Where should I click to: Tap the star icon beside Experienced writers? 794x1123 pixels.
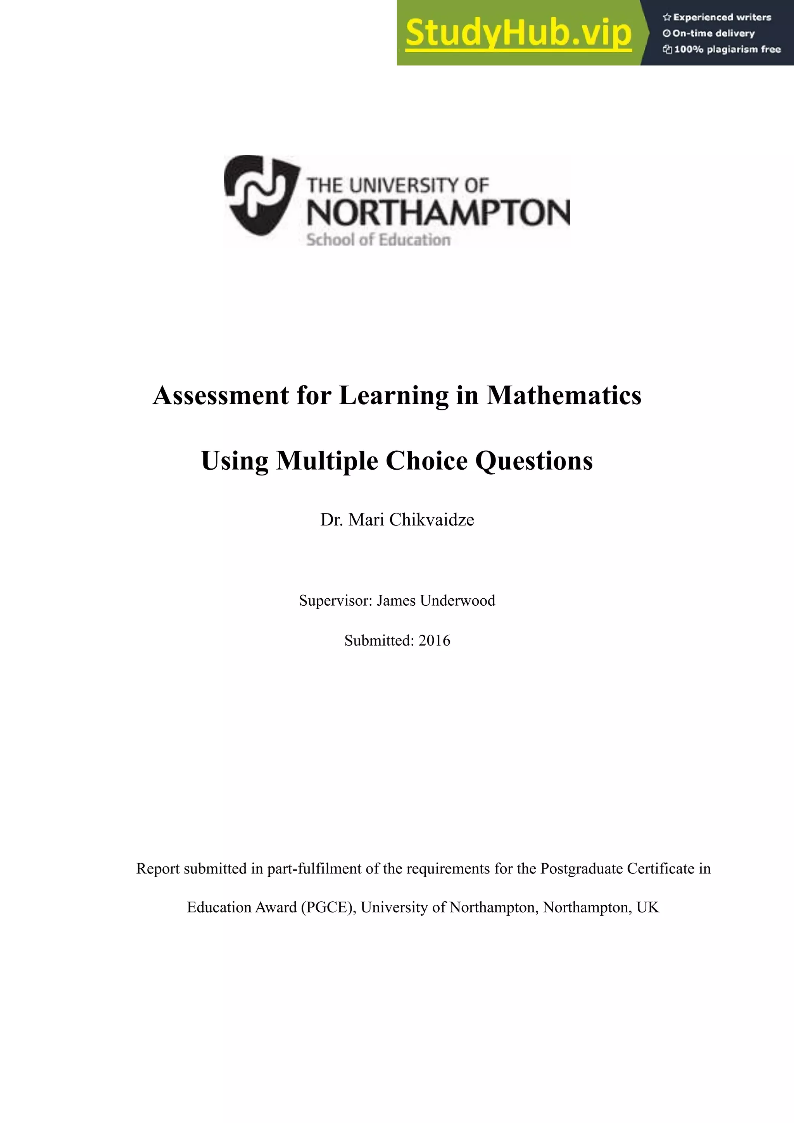click(666, 17)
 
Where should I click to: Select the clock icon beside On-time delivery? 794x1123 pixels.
click(666, 34)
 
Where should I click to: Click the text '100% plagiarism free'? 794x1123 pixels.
click(727, 49)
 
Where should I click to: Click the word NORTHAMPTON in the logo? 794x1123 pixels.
click(438, 212)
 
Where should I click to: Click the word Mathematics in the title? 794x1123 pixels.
click(564, 395)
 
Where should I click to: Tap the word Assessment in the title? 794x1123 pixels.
click(221, 395)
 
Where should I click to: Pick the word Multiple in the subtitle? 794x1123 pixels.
click(327, 461)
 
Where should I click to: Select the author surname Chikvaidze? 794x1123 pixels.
click(432, 519)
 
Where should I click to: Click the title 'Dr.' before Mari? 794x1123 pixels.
click(331, 519)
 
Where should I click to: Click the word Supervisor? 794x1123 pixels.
click(336, 600)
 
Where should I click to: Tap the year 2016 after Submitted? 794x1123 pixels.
click(435, 640)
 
